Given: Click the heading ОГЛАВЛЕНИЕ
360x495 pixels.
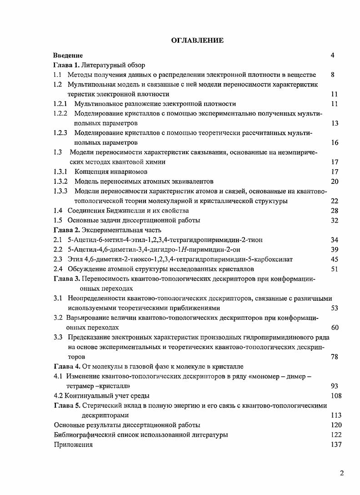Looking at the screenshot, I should tap(197, 41).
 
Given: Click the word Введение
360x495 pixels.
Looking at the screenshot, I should tap(68, 56).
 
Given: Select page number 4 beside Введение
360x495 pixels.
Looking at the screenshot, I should tap(333, 56).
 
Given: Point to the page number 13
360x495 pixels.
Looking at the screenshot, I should tap(335, 123).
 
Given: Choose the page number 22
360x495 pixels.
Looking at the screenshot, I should tap(335, 201).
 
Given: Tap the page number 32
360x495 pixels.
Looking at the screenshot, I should tap(335, 221).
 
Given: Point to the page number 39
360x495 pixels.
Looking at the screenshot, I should tap(335, 249).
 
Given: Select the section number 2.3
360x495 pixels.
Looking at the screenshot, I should tap(58, 259).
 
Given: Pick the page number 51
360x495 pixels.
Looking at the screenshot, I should tap(335, 269).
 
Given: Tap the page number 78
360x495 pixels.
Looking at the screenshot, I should tap(335, 357).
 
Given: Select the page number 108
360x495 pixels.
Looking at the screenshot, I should tap(336, 396).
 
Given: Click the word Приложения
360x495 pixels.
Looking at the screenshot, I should tap(73, 444).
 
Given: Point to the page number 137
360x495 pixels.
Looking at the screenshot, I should tap(336, 444).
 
